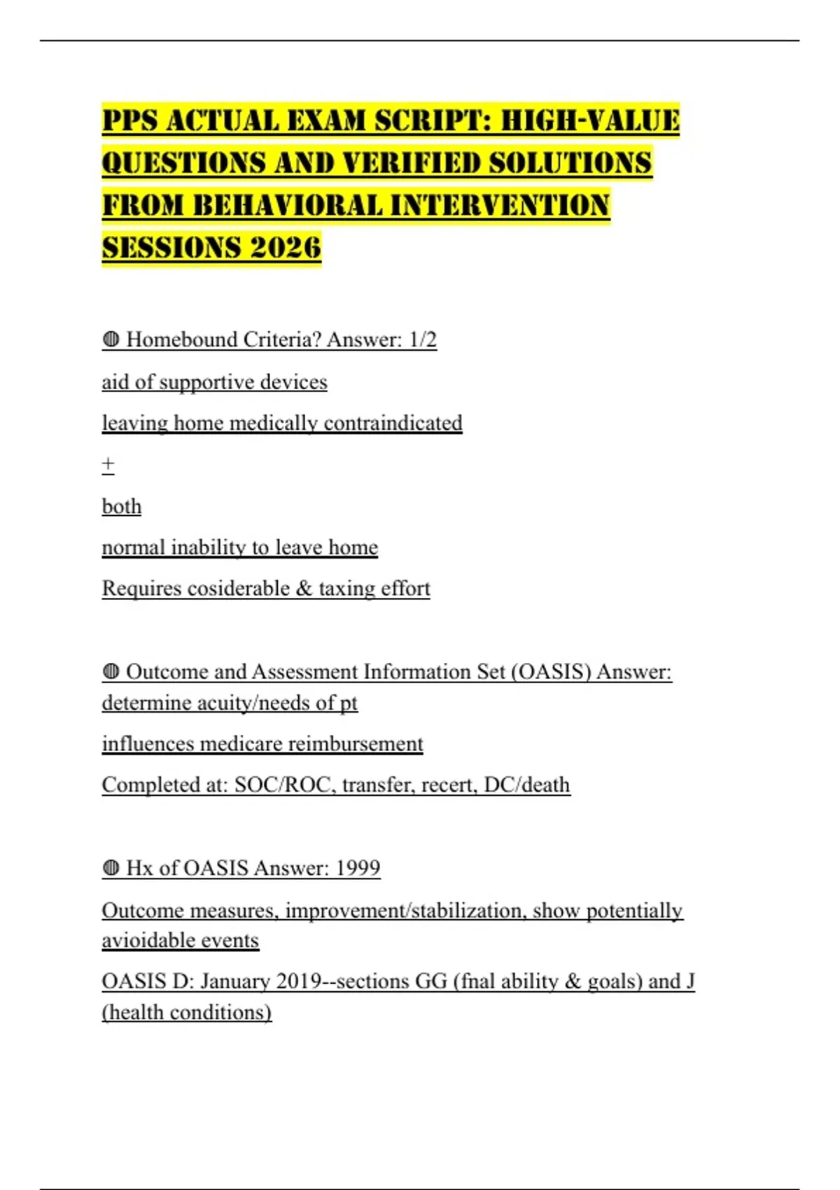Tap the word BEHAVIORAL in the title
click(x=287, y=206)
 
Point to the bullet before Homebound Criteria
click(x=111, y=340)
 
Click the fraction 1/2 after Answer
click(x=423, y=340)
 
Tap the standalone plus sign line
click(x=108, y=464)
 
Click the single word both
click(x=122, y=506)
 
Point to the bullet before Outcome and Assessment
click(x=111, y=672)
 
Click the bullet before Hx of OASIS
click(x=111, y=868)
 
